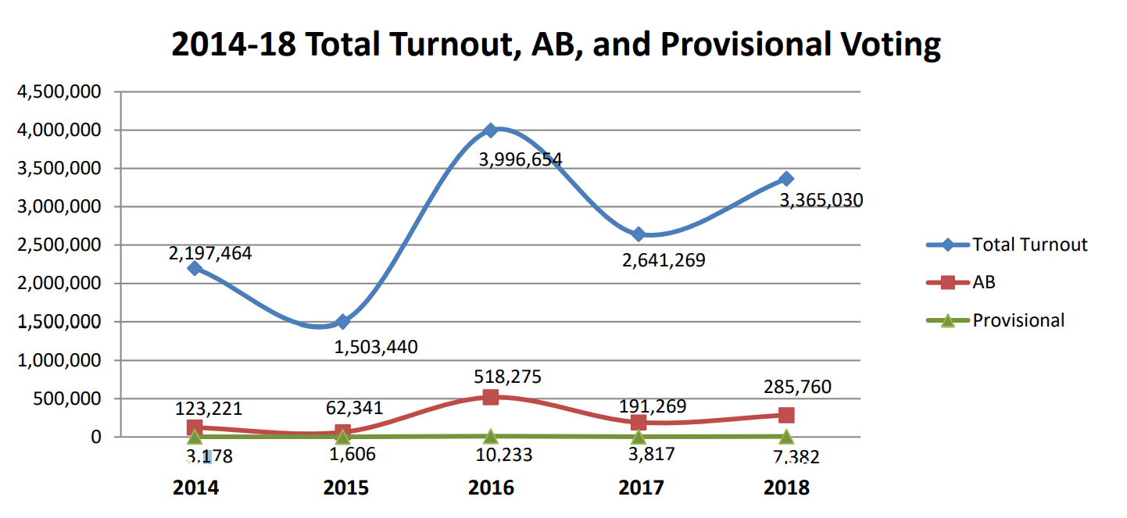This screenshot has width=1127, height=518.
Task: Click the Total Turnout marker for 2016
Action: (x=490, y=130)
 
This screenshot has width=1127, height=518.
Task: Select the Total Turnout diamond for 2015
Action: (x=342, y=321)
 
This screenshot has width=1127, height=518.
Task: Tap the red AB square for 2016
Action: (x=490, y=397)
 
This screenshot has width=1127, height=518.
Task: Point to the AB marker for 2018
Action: (x=786, y=415)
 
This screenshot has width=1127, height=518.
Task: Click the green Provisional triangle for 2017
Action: (x=639, y=436)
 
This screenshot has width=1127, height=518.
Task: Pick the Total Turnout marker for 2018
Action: (x=786, y=179)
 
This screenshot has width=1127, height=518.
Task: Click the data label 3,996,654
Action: (x=520, y=160)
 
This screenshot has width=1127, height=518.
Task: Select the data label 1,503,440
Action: (x=376, y=347)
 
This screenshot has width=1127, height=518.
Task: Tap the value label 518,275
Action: (x=507, y=377)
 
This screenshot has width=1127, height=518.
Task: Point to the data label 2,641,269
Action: (x=664, y=260)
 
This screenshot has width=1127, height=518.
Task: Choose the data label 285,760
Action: (x=797, y=387)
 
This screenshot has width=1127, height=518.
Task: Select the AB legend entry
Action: (x=983, y=282)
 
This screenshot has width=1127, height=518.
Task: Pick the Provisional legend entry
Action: (x=1018, y=320)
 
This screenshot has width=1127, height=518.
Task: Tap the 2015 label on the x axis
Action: (x=346, y=488)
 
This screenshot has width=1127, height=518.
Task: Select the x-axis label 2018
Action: (x=787, y=488)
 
